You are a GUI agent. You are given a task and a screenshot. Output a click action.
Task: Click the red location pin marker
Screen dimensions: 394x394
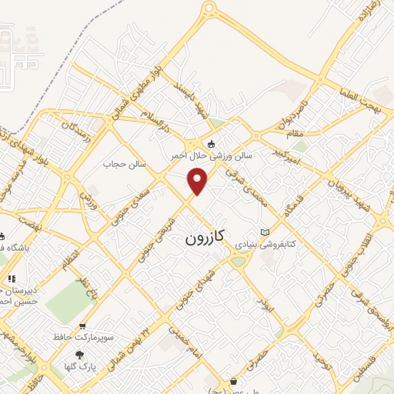[x=199, y=180]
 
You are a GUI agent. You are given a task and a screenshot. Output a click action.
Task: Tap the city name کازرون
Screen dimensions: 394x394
[x=205, y=238]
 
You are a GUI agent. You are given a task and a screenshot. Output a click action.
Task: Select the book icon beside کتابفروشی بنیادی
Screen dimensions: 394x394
[x=265, y=232]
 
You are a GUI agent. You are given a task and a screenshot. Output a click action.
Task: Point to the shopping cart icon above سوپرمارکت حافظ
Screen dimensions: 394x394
[x=82, y=326]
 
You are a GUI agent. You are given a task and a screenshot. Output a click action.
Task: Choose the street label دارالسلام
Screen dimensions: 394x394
[x=159, y=115]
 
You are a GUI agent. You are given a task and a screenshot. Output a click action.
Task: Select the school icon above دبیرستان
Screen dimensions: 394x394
[x=11, y=279]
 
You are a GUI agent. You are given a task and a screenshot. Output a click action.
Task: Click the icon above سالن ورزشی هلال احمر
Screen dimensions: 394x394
[x=211, y=143]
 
